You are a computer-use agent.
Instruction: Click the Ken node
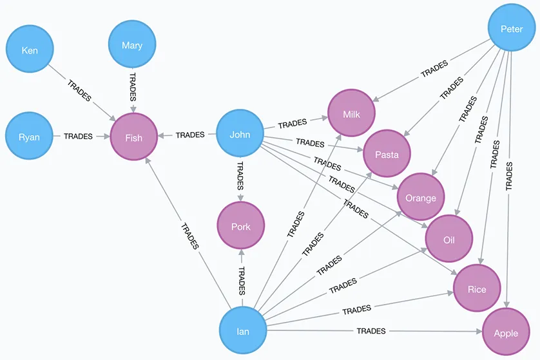pyautogui.click(x=30, y=51)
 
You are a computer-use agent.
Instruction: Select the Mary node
pyautogui.click(x=132, y=46)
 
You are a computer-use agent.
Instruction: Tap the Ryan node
pyautogui.click(x=30, y=137)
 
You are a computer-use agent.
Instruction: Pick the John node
pyautogui.click(x=240, y=135)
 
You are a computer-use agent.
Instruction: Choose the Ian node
pyautogui.click(x=243, y=332)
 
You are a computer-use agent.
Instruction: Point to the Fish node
pyautogui.click(x=134, y=137)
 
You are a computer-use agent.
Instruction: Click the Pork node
pyautogui.click(x=240, y=226)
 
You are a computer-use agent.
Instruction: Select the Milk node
pyautogui.click(x=351, y=113)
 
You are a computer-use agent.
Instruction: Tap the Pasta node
pyautogui.click(x=387, y=155)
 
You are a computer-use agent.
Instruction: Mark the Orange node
pyautogui.click(x=421, y=198)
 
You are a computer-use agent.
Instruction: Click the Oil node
pyautogui.click(x=449, y=240)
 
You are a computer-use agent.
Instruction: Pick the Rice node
pyautogui.click(x=477, y=289)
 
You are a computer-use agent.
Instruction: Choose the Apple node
pyautogui.click(x=506, y=333)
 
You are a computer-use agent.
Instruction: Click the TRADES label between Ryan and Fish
pyautogui.click(x=78, y=137)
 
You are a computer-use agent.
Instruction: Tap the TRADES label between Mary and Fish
pyautogui.click(x=132, y=86)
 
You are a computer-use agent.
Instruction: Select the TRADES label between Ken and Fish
pyautogui.click(x=79, y=91)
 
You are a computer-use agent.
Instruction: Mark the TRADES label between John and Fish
pyautogui.click(x=190, y=135)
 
